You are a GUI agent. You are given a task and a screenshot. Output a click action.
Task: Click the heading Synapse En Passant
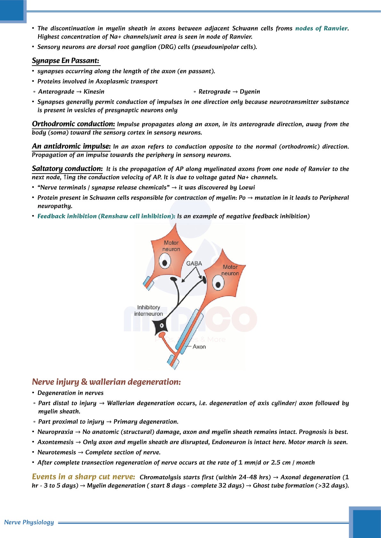pos(66,61)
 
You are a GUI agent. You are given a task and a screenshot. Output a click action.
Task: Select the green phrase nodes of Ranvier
pos(321,28)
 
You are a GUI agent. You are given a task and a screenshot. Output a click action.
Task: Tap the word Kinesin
pos(94,92)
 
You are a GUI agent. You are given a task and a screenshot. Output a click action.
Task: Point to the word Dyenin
pos(250,92)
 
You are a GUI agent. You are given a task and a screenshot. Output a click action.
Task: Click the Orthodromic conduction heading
pos(73,124)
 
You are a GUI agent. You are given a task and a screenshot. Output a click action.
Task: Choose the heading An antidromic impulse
pos(71,146)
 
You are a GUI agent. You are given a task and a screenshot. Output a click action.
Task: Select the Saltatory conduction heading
pos(67,169)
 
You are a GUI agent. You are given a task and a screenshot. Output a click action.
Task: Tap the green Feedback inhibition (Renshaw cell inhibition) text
pos(106,216)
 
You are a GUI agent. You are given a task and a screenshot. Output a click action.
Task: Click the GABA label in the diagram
pos(194,264)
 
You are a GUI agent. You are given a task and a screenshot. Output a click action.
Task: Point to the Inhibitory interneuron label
pos(148,311)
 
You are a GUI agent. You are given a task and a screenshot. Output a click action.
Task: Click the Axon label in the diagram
pos(199,347)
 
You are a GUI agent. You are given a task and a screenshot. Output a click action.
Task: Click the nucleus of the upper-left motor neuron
pos(165,262)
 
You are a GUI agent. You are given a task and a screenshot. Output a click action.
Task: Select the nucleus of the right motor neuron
pos(218,285)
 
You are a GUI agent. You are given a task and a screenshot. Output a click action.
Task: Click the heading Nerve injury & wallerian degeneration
pos(106,382)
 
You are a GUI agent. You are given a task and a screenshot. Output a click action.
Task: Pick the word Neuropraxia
pos(55,432)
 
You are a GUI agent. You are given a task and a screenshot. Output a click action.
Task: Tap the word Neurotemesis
pos(57,452)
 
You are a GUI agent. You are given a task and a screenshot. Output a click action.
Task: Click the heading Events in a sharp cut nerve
pos(83,477)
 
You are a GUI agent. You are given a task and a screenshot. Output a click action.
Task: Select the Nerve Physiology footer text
pos(29,522)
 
